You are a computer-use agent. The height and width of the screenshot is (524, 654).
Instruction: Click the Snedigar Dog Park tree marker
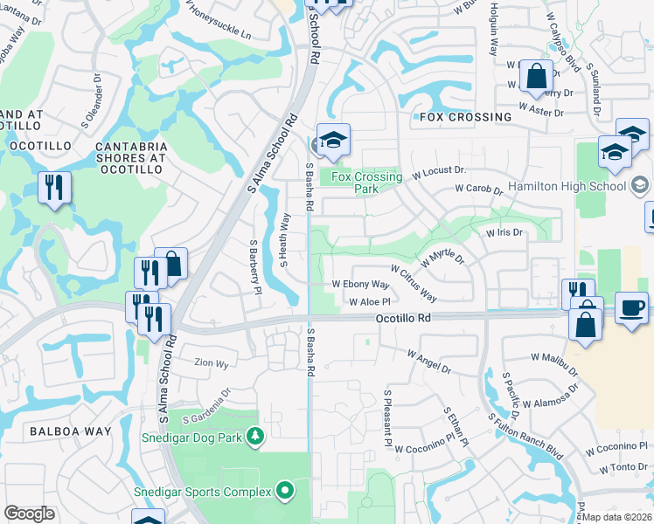pyautogui.click(x=254, y=435)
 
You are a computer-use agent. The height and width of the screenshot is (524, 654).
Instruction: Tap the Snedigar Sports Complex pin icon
pyautogui.click(x=285, y=492)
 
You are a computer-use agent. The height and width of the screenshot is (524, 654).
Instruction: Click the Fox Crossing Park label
pyautogui.click(x=367, y=183)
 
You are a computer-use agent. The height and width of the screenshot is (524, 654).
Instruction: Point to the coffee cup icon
pyautogui.click(x=631, y=309)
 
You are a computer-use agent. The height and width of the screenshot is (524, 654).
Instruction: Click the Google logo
pyautogui.click(x=29, y=514)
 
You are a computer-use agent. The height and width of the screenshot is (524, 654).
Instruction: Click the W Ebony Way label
pyautogui.click(x=360, y=285)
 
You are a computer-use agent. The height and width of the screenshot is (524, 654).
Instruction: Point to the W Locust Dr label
pyautogui.click(x=438, y=172)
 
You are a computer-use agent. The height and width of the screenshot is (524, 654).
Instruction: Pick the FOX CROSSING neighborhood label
pyautogui.click(x=465, y=117)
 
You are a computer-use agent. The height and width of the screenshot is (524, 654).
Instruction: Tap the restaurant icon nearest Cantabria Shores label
pyautogui.click(x=55, y=187)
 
